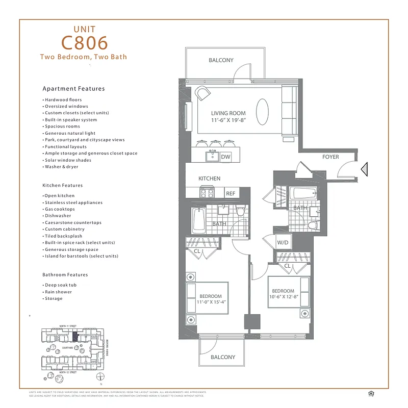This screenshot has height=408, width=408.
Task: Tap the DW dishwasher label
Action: [x=225, y=158]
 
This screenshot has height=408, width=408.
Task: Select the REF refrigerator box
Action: [x=231, y=193]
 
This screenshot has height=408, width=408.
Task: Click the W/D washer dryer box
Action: [x=283, y=242]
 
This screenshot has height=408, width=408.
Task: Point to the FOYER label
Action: [x=330, y=157]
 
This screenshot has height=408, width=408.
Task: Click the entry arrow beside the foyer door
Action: [x=364, y=169]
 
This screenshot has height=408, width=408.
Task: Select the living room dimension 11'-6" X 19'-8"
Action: [x=228, y=120]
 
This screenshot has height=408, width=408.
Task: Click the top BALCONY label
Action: [x=221, y=60]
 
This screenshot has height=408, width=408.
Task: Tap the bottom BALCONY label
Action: [x=223, y=357]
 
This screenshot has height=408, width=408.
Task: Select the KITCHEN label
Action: [x=209, y=178]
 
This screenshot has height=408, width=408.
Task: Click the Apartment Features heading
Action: [x=73, y=89]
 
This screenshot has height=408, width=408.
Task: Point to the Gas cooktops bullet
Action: [x=59, y=209]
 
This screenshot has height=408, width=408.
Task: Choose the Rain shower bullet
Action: [x=58, y=292]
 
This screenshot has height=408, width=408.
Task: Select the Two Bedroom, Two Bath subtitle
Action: [x=83, y=57]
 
